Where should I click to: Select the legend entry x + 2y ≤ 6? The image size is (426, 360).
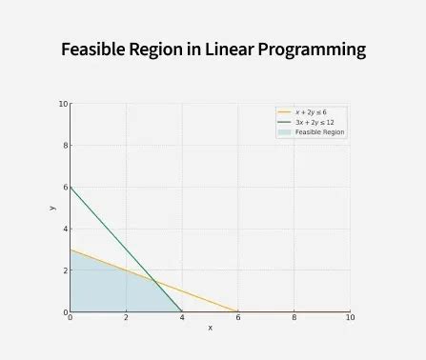tap(310, 112)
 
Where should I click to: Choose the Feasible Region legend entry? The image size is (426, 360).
tap(319, 131)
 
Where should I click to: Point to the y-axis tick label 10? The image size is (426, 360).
tap(62, 104)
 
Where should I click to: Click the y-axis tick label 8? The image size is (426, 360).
tap(64, 146)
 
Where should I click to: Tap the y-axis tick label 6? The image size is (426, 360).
tap(64, 187)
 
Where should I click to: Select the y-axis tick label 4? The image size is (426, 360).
tap(64, 229)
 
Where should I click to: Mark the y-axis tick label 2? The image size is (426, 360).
tap(64, 270)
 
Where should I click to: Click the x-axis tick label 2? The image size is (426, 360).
tap(126, 317)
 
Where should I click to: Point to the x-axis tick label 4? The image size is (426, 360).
tap(182, 317)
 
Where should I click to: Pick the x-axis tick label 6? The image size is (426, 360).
tap(238, 317)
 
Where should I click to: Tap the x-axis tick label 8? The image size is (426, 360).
tap(294, 317)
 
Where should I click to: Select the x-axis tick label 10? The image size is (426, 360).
tap(350, 317)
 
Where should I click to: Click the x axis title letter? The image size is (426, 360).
tap(210, 328)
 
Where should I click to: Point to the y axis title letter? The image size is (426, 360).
tap(52, 208)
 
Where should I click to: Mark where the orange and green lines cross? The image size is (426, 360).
tap(153, 281)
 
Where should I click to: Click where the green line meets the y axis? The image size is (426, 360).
tap(70, 187)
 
